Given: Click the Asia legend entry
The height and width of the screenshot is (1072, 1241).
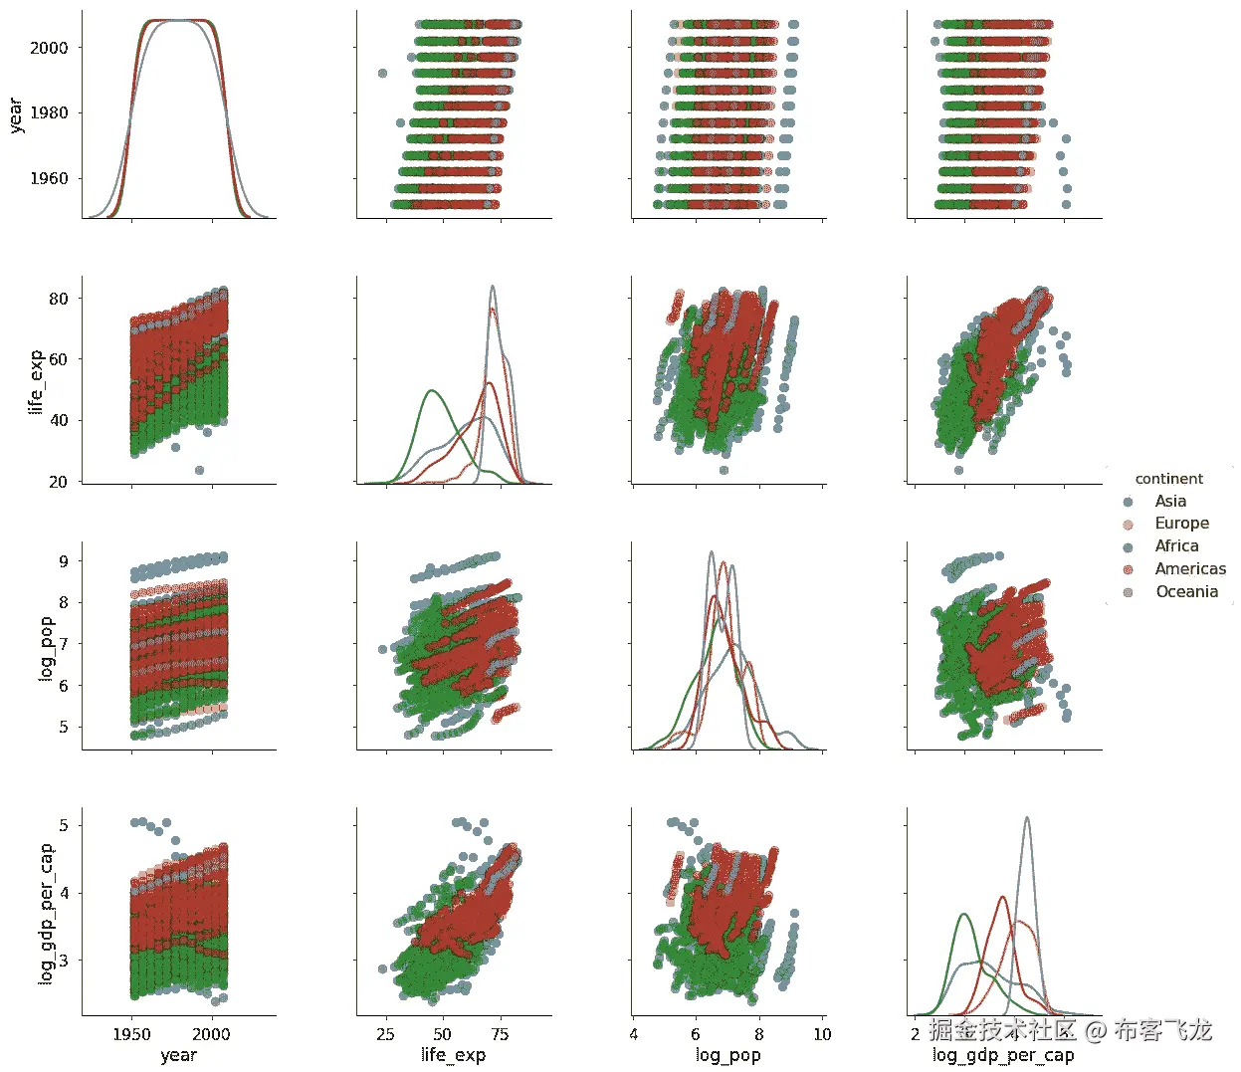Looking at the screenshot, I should (x=1169, y=502).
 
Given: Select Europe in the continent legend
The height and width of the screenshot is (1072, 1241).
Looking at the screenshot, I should (x=1181, y=524).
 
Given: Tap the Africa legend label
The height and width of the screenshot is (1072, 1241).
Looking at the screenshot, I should (x=1175, y=546).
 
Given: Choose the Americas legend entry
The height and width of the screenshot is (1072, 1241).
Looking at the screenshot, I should (x=1189, y=569).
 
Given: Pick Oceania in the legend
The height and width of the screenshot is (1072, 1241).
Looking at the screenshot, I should (x=1185, y=592).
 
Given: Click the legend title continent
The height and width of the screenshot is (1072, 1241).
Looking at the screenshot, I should (x=1168, y=479).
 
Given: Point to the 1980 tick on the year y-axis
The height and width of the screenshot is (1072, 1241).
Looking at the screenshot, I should (x=49, y=113).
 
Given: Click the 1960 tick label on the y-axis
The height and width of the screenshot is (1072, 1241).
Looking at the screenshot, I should (x=49, y=179).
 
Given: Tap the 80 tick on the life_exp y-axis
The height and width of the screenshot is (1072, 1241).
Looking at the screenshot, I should (x=59, y=299).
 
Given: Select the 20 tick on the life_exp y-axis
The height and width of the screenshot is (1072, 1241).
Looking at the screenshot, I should (x=59, y=482).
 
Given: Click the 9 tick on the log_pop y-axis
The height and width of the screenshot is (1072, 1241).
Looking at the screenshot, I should (x=64, y=561).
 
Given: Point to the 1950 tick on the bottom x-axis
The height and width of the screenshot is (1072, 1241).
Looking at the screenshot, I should (x=132, y=1035).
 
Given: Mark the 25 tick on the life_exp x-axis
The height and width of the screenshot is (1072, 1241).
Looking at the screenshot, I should (x=385, y=1035).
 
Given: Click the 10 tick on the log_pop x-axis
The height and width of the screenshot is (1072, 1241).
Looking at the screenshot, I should (x=822, y=1035).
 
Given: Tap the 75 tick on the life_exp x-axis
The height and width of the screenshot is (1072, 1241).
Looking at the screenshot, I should (x=501, y=1035).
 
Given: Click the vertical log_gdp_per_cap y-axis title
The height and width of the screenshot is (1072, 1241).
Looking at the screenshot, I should (x=46, y=915).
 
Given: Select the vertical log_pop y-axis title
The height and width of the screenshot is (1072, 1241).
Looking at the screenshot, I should (x=46, y=649).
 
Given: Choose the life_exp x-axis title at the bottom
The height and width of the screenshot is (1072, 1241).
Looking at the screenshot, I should (x=453, y=1055).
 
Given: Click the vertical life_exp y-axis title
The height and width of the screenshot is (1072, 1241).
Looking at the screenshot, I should (x=36, y=381).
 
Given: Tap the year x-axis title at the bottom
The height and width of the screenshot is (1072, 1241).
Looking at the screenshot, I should (x=178, y=1055).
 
